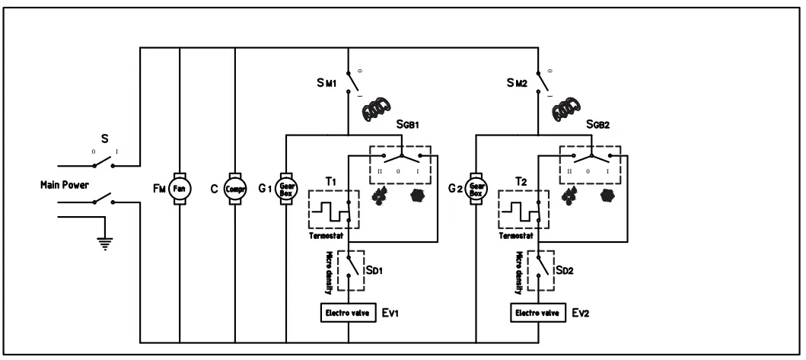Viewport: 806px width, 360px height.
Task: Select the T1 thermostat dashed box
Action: click(x=333, y=208)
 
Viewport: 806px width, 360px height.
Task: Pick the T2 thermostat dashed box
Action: click(x=523, y=208)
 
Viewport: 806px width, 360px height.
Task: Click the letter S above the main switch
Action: click(x=104, y=140)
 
